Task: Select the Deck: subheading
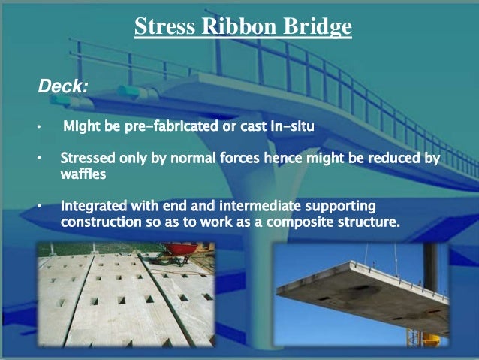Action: pyautogui.click(x=62, y=87)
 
